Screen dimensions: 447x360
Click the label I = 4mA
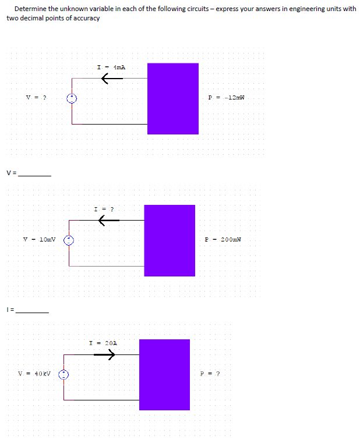coord(111,68)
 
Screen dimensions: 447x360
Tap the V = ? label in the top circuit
coord(36,98)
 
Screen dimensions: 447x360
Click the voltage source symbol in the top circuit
coord(72,99)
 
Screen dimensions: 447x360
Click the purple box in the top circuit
coord(172,99)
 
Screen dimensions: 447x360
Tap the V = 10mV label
coord(39,239)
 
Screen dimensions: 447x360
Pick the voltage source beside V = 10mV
coord(69,240)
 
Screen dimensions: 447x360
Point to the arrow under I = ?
coord(108,220)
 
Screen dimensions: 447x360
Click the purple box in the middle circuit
coord(170,240)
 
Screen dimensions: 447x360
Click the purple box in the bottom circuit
coord(164,374)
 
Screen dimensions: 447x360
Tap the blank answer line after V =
coord(35,174)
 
